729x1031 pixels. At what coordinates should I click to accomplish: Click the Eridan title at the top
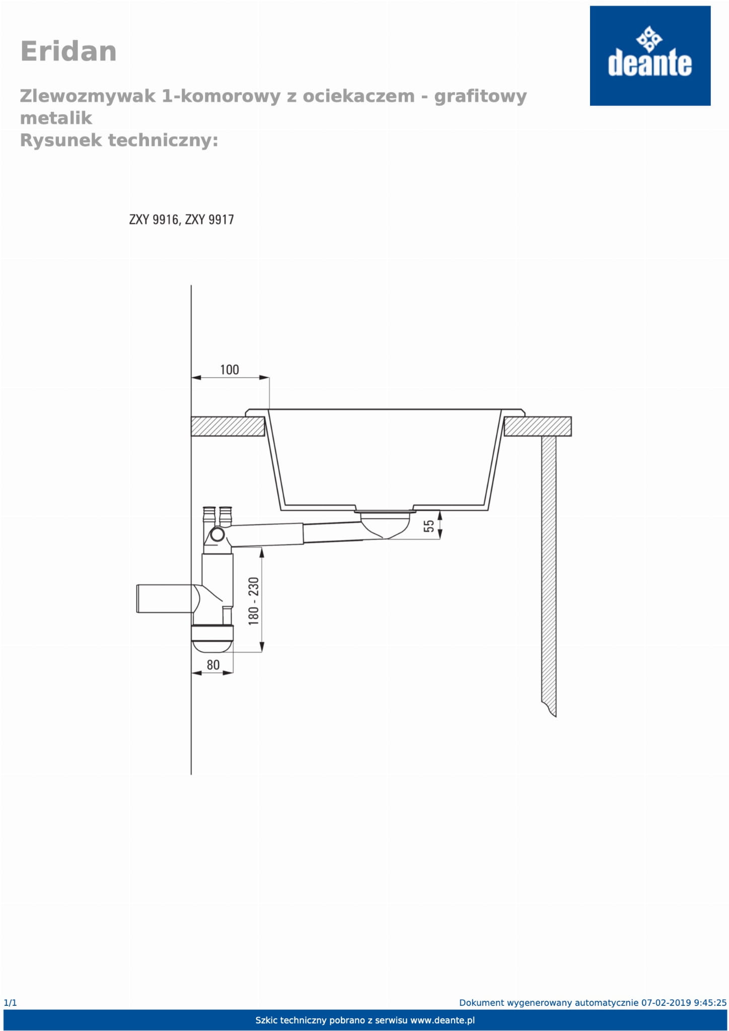click(68, 51)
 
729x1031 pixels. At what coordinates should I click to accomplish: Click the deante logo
click(650, 56)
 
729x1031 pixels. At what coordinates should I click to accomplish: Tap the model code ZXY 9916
click(154, 220)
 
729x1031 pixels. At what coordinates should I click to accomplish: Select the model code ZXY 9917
click(209, 220)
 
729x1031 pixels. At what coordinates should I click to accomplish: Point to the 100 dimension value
click(230, 370)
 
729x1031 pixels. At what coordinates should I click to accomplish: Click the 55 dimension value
click(428, 526)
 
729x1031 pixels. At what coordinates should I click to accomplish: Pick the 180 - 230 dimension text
click(253, 601)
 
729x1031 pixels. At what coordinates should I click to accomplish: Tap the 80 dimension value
click(213, 665)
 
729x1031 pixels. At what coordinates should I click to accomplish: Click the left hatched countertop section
click(228, 426)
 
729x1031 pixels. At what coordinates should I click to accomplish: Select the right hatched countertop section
click(538, 426)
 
